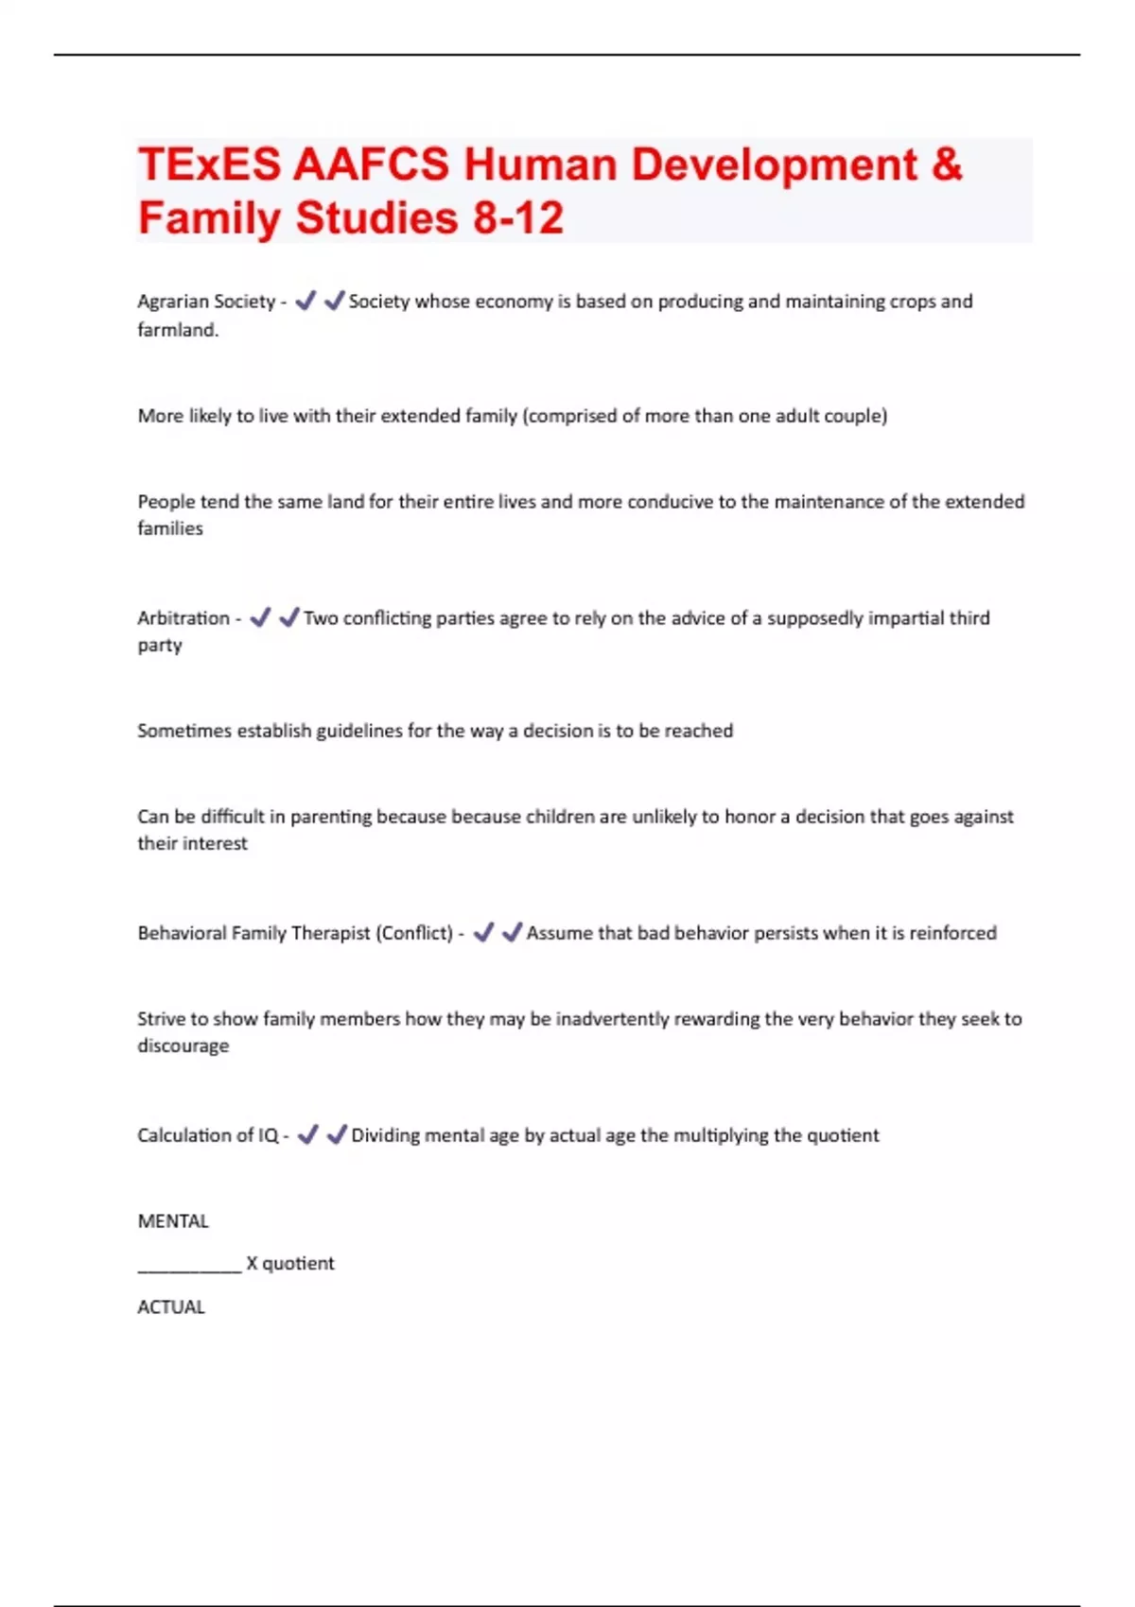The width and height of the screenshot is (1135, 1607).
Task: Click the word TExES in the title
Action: coord(209,164)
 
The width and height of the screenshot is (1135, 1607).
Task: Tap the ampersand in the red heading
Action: coord(947,164)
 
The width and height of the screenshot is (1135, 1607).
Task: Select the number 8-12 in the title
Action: coord(518,218)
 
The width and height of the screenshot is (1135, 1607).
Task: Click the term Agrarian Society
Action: coord(206,302)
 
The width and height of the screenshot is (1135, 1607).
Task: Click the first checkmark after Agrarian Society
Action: coord(305,302)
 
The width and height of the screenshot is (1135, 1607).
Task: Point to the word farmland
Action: coord(177,330)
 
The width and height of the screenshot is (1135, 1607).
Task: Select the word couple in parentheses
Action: coord(855,416)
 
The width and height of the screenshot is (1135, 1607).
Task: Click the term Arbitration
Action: coord(183,618)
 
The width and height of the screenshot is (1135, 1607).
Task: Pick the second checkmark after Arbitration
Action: coord(288,618)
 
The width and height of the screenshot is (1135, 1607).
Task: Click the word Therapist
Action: coord(330,933)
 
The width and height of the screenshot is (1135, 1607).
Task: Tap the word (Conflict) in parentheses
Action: coord(414,933)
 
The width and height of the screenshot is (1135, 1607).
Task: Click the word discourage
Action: coord(183,1046)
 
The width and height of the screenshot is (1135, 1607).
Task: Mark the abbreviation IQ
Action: coord(269,1135)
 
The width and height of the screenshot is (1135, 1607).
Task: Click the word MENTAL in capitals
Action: coord(173,1221)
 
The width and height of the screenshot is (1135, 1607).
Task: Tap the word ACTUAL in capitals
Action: coord(171,1307)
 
